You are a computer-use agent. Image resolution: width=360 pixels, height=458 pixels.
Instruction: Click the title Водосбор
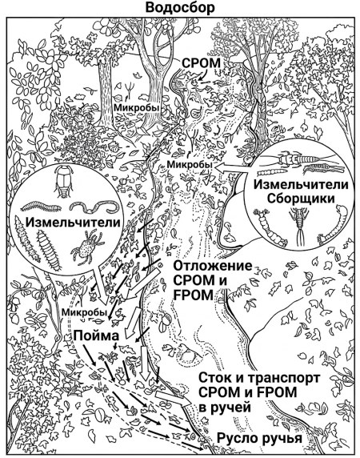[180, 8]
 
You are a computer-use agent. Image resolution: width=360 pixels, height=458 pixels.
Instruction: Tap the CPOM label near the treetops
[201, 63]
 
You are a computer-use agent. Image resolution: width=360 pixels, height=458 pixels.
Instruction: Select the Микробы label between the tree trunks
[137, 108]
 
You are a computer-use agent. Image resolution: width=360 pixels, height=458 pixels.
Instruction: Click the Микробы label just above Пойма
[84, 311]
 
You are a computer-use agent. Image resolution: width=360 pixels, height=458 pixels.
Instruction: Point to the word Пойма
[96, 335]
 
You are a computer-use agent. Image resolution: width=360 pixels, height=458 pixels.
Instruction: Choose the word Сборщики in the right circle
[301, 199]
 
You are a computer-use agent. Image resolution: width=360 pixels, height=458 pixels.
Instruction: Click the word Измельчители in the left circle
[73, 223]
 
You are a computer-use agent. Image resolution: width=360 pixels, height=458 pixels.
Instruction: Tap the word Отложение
[213, 266]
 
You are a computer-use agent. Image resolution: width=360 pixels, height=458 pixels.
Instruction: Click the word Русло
[238, 439]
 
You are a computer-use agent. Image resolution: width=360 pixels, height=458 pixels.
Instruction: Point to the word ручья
[282, 439]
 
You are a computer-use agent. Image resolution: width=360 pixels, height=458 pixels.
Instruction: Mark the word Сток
[216, 377]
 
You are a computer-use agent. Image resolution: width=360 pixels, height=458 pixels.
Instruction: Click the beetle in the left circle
[64, 182]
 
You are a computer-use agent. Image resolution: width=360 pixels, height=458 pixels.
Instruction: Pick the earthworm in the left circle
[95, 207]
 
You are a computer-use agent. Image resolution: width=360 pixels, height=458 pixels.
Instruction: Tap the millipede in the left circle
[41, 207]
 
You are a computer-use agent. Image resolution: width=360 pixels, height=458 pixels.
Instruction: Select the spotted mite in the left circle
[87, 247]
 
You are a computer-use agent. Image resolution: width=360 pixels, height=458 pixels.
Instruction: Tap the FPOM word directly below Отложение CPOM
[194, 295]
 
